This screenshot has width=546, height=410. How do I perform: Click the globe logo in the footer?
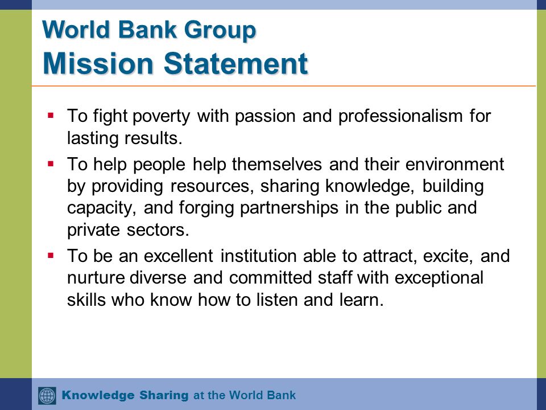(47, 395)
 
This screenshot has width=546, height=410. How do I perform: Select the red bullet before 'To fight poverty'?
(51, 115)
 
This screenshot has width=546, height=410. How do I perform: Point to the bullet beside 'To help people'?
(51, 163)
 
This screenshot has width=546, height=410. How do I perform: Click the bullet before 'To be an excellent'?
(51, 255)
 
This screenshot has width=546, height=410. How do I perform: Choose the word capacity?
(100, 208)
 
